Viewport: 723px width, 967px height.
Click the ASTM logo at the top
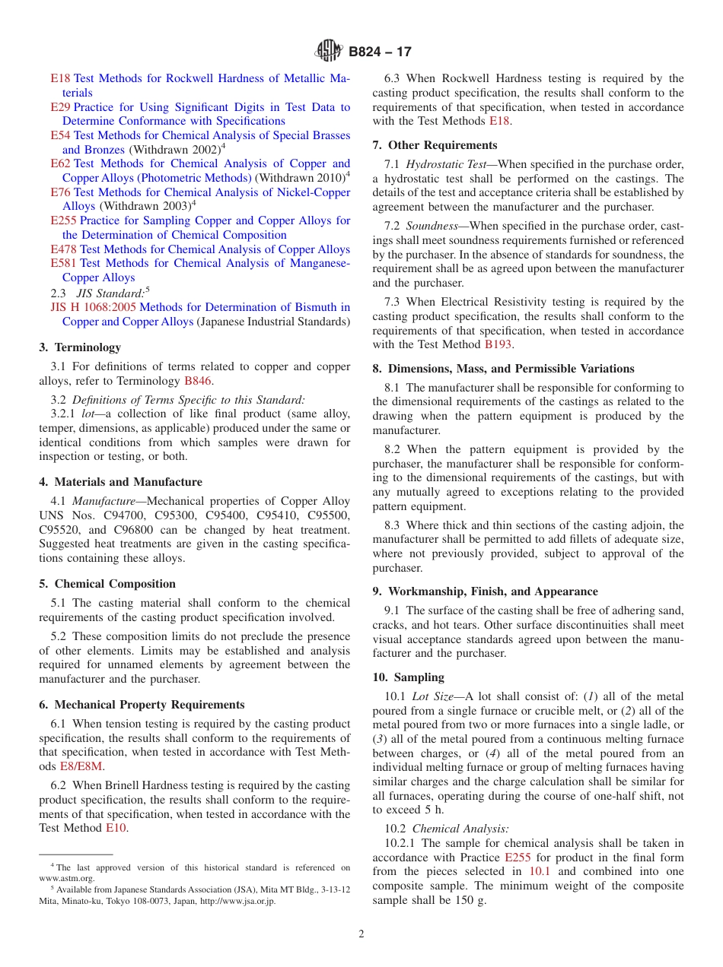pos(329,52)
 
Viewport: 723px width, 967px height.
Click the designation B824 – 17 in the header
pos(380,52)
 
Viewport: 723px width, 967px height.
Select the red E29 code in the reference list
pos(60,107)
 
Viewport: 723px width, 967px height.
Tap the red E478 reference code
pos(63,249)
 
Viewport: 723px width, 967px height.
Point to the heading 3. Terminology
pos(80,347)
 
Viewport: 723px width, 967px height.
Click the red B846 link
pos(198,381)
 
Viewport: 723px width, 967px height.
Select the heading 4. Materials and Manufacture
pos(120,482)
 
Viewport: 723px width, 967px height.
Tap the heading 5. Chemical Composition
pos(107,584)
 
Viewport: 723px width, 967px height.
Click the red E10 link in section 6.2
pos(116,828)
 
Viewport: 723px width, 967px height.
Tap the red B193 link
pos(498,344)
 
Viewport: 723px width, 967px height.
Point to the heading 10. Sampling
pos(408,677)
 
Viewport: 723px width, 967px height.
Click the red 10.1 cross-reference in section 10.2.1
pos(539,871)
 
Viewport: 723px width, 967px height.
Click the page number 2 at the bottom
pos(361,934)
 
